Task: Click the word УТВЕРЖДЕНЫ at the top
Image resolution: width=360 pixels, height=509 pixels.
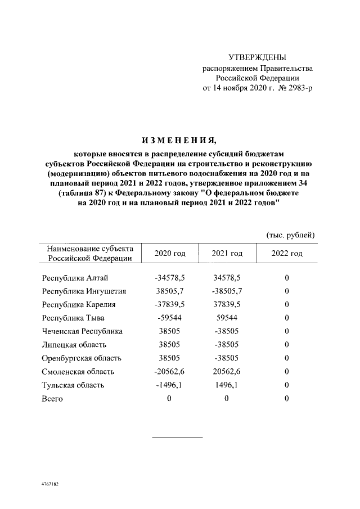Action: [x=258, y=58]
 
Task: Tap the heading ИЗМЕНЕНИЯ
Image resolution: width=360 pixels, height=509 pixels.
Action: [x=180, y=139]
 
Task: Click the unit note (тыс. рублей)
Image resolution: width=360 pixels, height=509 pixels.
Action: [x=290, y=235]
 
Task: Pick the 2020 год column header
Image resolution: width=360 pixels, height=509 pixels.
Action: [x=170, y=254]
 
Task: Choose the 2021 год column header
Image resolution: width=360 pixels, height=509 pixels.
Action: [x=227, y=254]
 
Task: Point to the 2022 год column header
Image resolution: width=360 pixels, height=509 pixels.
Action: [x=287, y=254]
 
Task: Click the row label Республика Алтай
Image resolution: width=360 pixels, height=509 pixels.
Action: [x=75, y=278]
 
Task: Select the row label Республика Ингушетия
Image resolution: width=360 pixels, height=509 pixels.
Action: [x=84, y=291]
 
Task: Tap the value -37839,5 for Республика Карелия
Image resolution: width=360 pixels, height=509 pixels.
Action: [x=170, y=305]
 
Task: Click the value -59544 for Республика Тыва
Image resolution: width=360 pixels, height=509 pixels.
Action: [x=170, y=318]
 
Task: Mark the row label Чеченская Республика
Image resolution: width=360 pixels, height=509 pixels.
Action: [x=82, y=332]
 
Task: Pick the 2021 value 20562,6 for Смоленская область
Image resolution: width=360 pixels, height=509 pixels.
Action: [x=227, y=372]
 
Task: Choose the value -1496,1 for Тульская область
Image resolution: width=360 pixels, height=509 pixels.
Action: [x=170, y=385]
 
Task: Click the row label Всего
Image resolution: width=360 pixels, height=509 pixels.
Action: [x=52, y=399]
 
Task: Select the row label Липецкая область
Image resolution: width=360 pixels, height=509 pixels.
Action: [x=74, y=345]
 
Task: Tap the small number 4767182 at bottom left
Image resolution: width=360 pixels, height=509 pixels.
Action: [x=51, y=484]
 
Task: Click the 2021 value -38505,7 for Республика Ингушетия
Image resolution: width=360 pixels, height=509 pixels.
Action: [x=227, y=291]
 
